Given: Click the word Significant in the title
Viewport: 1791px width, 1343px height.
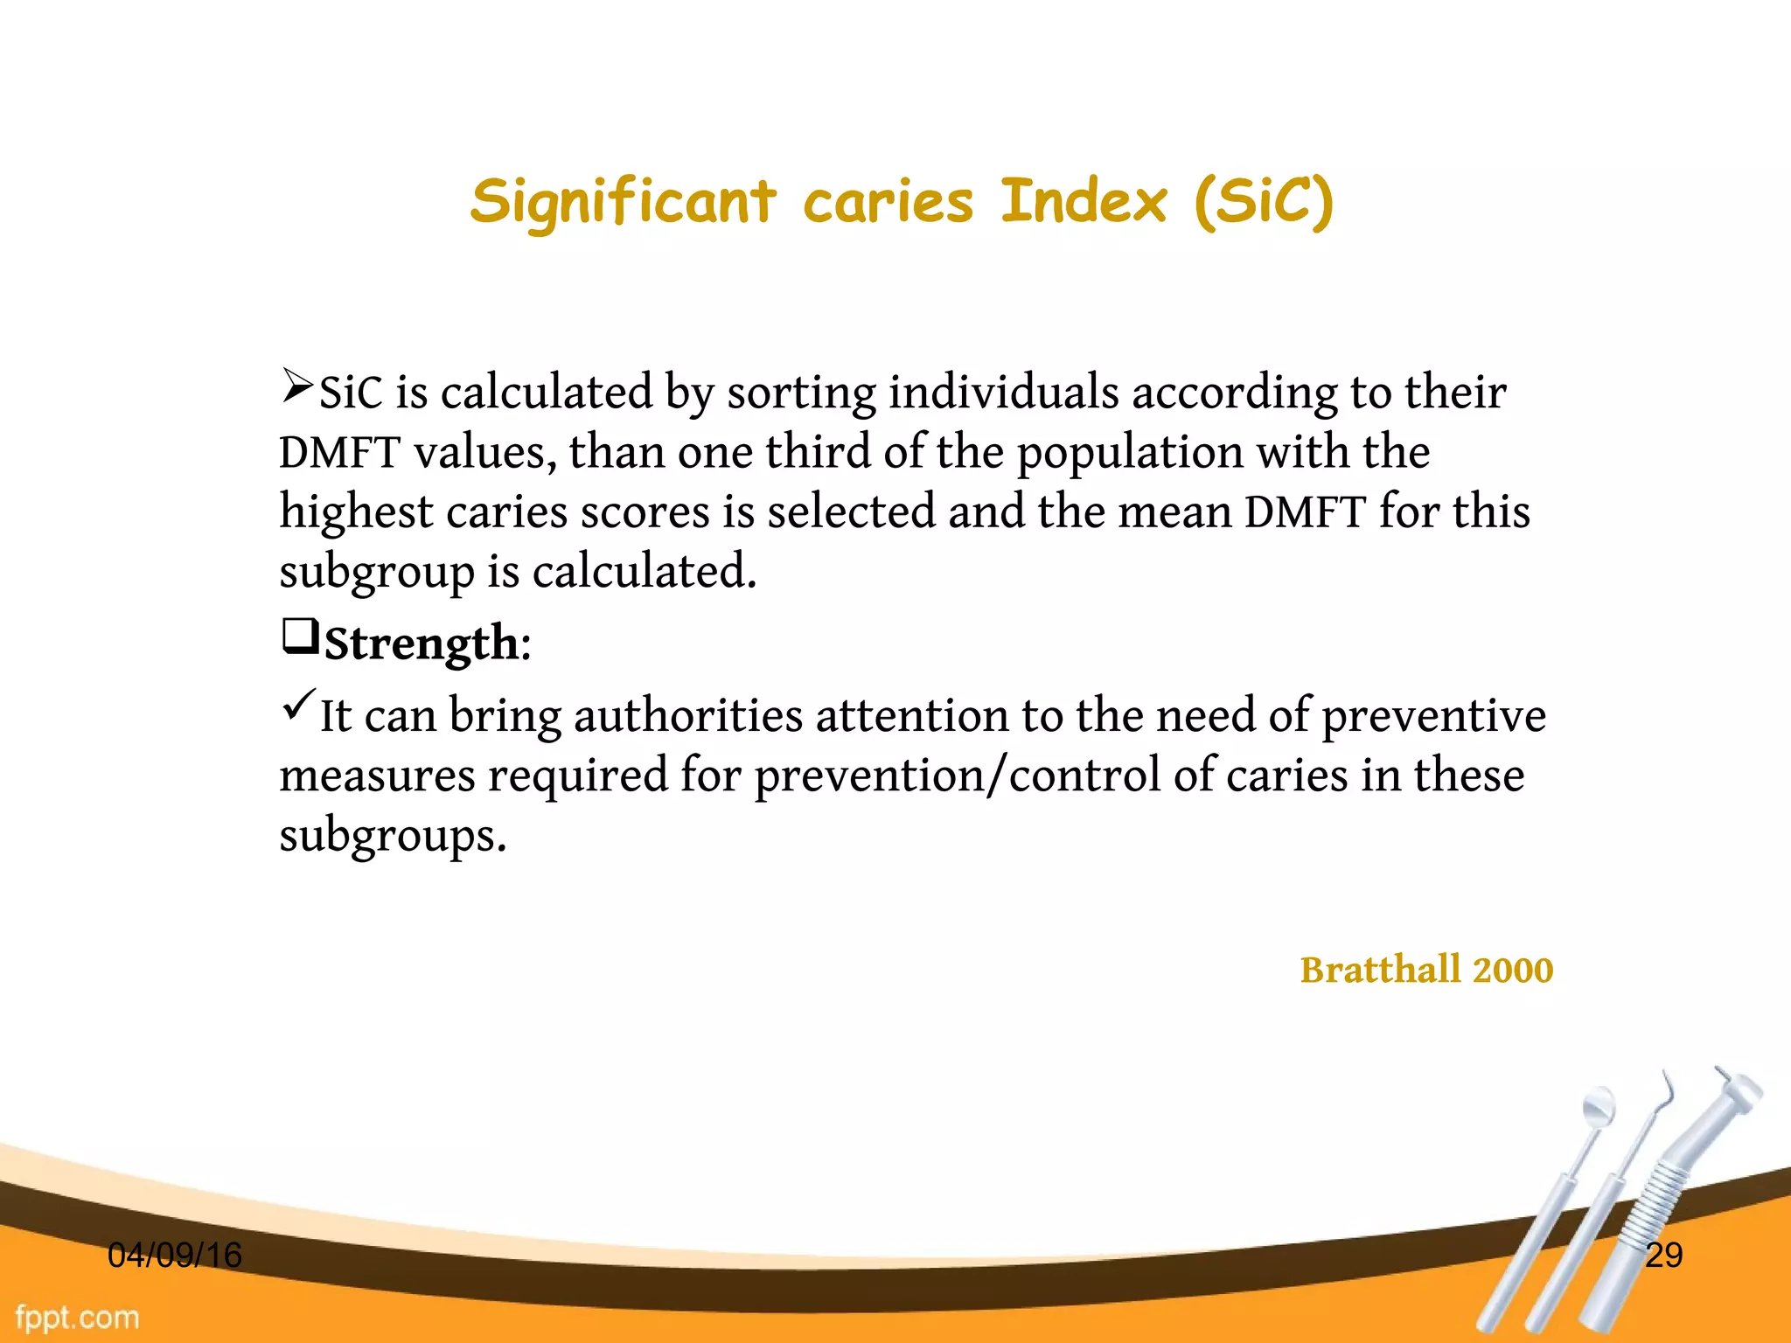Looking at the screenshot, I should point(623,203).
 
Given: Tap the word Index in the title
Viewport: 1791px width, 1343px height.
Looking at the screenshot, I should point(1083,203).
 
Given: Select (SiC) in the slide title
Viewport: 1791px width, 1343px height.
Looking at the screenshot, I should point(1265,203).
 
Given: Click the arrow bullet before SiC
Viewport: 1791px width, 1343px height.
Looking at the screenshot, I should point(296,386).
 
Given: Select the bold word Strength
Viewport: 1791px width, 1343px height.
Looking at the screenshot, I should point(422,644).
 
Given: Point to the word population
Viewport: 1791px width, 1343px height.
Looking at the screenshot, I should point(1130,452).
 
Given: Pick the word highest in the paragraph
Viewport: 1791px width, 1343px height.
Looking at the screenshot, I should point(356,511).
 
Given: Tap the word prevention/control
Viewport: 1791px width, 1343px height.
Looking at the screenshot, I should point(957,776).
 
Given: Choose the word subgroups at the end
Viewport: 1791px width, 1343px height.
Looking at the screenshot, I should point(392,835).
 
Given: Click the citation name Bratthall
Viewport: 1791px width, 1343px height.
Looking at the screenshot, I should point(1380,970).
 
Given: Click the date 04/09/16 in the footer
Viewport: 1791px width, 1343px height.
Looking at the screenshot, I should point(174,1256).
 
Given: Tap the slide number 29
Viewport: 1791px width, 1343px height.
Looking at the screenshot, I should point(1663,1256).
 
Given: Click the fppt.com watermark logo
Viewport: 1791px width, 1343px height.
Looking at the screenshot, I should point(77,1318).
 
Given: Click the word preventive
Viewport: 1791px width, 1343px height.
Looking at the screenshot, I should point(1433,715).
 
